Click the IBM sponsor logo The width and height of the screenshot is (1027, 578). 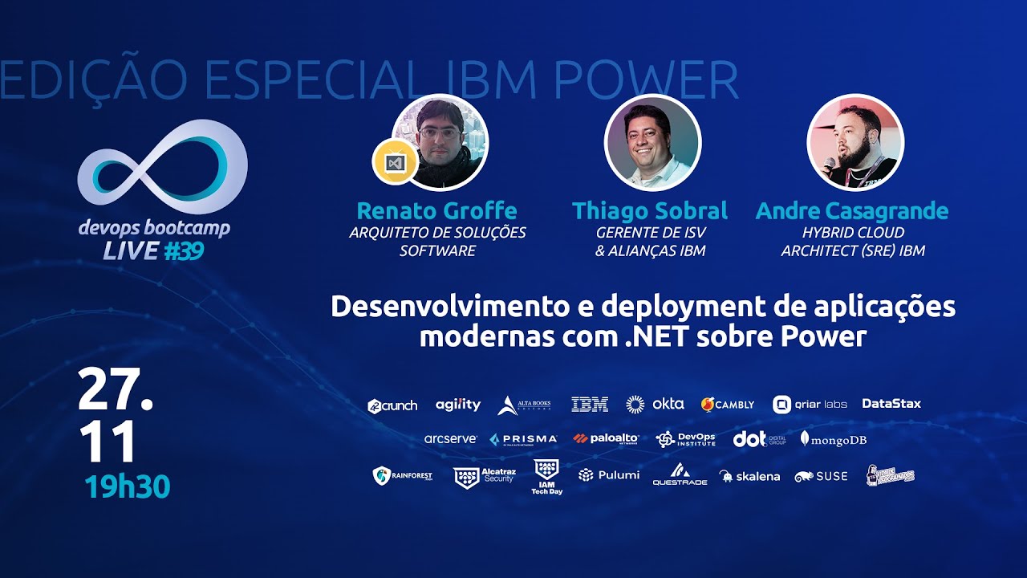pyautogui.click(x=590, y=405)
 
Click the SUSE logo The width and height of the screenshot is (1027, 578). pyautogui.click(x=821, y=476)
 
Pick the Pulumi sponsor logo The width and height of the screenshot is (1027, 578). pyautogui.click(x=609, y=475)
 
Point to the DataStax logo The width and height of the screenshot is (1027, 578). pyautogui.click(x=891, y=404)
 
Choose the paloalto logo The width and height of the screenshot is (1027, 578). pyautogui.click(x=606, y=438)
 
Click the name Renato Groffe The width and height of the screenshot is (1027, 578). pyautogui.click(x=436, y=211)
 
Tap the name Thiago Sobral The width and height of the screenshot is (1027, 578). pyautogui.click(x=650, y=211)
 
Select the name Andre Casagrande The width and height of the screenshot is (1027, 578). pyautogui.click(x=852, y=211)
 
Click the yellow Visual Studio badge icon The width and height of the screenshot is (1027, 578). pyautogui.click(x=395, y=163)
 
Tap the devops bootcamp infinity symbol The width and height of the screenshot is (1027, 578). pyautogui.click(x=162, y=167)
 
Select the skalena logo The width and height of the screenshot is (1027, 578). pyautogui.click(x=749, y=476)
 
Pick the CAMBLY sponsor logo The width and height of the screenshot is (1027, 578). pyautogui.click(x=727, y=405)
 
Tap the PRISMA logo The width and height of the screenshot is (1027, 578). pyautogui.click(x=523, y=439)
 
